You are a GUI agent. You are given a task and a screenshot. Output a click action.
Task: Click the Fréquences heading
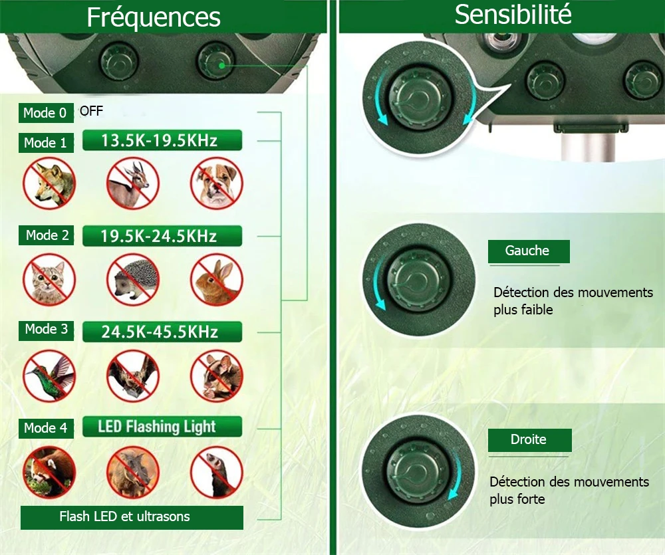tap(154, 17)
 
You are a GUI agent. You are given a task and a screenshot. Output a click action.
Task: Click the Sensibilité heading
tap(513, 15)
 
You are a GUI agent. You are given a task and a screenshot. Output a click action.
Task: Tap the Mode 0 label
tap(46, 113)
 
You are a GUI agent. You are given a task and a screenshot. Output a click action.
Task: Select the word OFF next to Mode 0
tap(91, 111)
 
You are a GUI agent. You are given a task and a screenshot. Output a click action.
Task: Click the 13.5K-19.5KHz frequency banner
tap(162, 140)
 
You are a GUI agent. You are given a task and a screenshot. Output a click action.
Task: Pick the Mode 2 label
tap(46, 235)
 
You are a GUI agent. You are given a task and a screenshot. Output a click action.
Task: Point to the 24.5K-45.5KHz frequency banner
tap(162, 332)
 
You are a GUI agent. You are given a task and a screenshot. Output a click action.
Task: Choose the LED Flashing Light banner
tap(162, 427)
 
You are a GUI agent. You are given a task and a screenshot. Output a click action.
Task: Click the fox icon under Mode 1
tap(49, 183)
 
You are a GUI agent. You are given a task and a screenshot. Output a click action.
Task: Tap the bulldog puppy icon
tap(217, 183)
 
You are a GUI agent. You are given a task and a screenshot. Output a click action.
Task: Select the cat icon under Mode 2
tap(49, 279)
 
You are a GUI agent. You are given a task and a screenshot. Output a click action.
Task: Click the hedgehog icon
tap(133, 279)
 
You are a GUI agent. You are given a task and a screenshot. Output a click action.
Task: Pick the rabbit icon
tap(217, 279)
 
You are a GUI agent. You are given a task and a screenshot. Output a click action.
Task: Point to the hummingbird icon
tap(49, 376)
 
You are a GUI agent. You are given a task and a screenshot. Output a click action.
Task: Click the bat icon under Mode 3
tap(133, 376)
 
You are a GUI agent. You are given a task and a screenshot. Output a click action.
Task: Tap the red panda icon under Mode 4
tap(49, 472)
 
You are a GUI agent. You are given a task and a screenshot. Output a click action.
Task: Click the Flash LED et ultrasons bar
tap(132, 517)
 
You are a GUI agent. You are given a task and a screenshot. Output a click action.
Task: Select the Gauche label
tap(529, 251)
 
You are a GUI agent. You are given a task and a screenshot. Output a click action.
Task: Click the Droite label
tap(530, 439)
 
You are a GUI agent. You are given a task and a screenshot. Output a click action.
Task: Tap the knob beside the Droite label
tap(418, 471)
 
